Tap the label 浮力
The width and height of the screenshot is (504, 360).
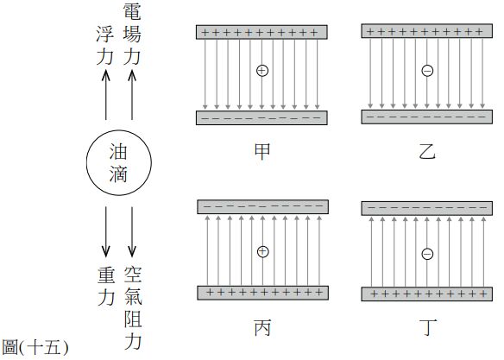coord(105,46)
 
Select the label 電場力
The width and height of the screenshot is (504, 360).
coord(132,34)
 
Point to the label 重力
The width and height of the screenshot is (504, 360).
coord(106,287)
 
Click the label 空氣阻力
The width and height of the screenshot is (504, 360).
coord(133,308)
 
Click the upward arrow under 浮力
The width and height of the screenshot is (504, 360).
coord(106,96)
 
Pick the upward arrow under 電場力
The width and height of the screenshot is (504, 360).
coord(132,95)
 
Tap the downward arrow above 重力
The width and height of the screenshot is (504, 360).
coord(106,231)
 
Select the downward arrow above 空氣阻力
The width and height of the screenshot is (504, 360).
coord(132,231)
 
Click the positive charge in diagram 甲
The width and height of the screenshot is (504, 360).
coord(262,71)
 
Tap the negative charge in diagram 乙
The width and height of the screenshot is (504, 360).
coord(427,71)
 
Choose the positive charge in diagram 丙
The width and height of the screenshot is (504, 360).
coord(263,251)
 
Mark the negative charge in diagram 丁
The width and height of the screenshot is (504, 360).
coord(427,254)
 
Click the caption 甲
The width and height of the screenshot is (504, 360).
coord(262,152)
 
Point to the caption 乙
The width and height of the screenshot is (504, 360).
coord(427,152)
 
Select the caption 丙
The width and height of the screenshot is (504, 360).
coord(262,327)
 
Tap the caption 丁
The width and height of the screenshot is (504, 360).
coord(428,327)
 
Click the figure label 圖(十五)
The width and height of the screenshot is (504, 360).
coord(35,347)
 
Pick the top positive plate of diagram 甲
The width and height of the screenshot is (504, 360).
coord(261,32)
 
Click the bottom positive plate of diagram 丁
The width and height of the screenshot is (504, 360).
coord(427,294)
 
